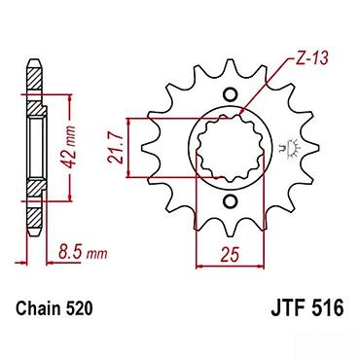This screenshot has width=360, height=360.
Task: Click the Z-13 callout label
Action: point(312,58)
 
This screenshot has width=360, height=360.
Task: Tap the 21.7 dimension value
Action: point(116,149)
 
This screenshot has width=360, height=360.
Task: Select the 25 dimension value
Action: point(230,254)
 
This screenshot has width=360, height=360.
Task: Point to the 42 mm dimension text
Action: point(69,147)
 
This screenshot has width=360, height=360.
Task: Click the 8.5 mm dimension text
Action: point(83,252)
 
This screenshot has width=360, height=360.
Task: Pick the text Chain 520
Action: point(54,308)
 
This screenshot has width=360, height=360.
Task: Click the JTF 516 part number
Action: point(306,308)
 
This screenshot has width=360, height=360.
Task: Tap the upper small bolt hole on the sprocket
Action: point(230,94)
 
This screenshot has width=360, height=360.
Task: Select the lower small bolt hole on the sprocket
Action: point(230,201)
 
